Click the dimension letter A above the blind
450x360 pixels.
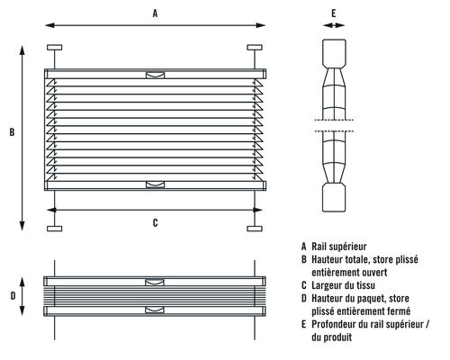(x=155, y=13)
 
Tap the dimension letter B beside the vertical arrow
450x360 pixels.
(x=12, y=132)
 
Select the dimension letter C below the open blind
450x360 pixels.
(x=155, y=222)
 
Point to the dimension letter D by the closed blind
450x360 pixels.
(x=13, y=296)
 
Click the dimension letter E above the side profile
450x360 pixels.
(x=334, y=13)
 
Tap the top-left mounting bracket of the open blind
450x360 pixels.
(x=55, y=48)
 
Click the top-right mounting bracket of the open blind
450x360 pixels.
(x=255, y=48)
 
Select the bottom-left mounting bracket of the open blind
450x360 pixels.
(x=55, y=229)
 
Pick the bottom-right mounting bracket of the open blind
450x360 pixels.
(x=255, y=229)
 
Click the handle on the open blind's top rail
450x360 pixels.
(x=155, y=75)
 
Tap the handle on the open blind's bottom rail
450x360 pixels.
(x=155, y=184)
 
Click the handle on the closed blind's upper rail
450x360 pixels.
(x=155, y=282)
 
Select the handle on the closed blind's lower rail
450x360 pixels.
(x=155, y=310)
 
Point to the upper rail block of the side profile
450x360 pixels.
(x=334, y=53)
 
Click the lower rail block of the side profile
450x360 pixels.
(x=334, y=198)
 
